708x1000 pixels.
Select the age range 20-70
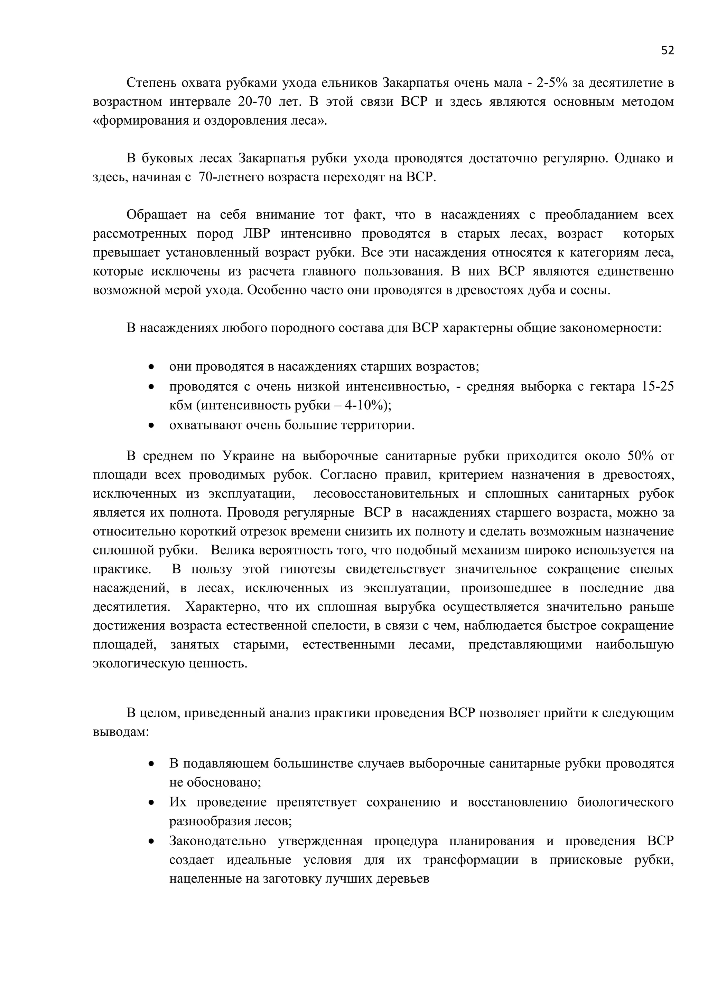coord(255,102)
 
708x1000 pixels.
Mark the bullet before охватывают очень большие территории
coord(151,425)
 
